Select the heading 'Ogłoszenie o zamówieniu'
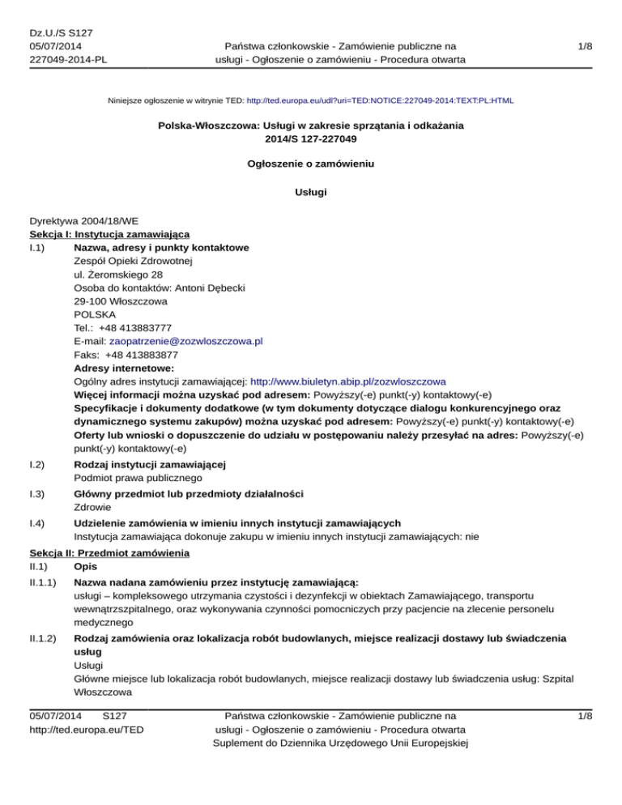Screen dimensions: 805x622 [x=311, y=163]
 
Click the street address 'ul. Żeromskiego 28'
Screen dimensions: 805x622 [x=117, y=275]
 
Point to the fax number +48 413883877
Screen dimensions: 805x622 [x=142, y=355]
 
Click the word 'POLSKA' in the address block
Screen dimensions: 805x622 [x=94, y=314]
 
